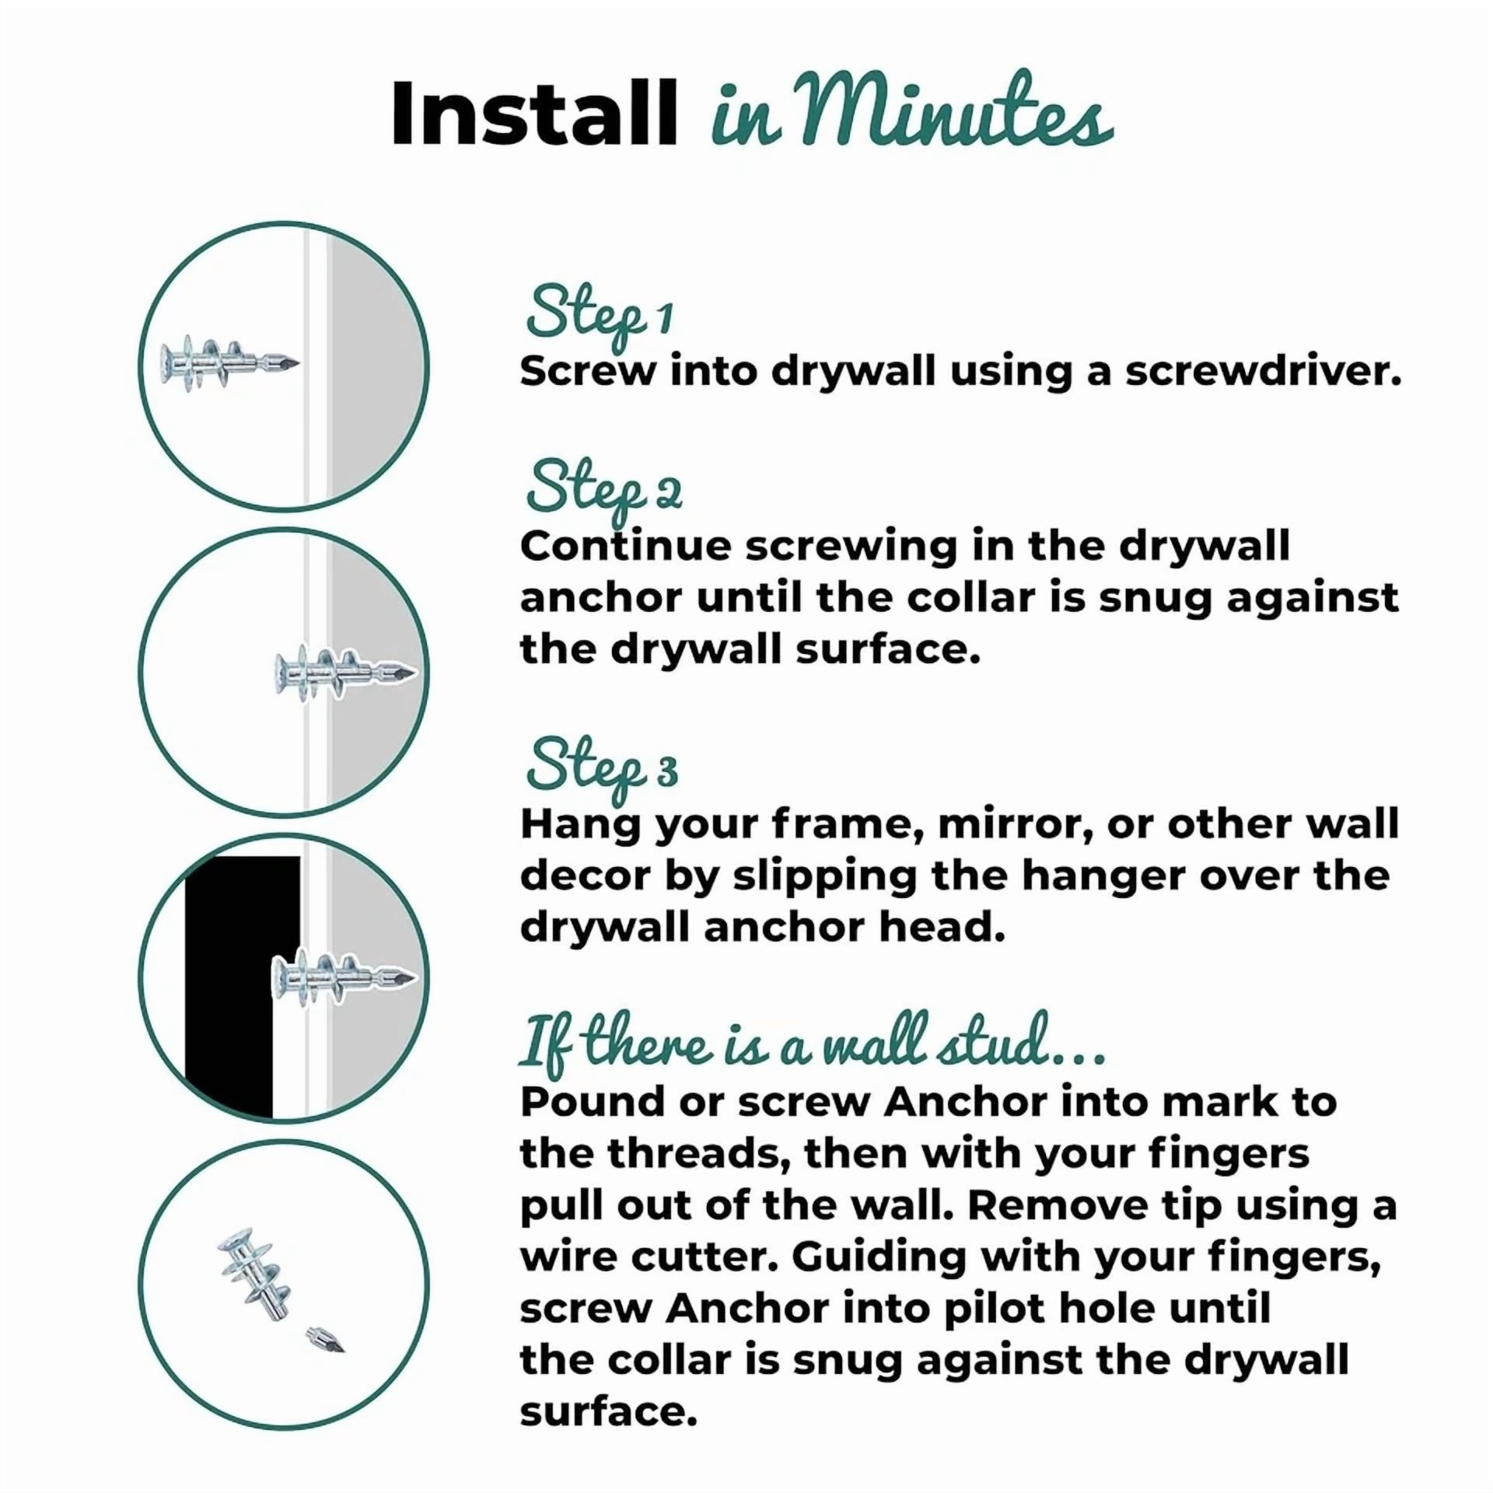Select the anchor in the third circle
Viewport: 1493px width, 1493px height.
[344, 977]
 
